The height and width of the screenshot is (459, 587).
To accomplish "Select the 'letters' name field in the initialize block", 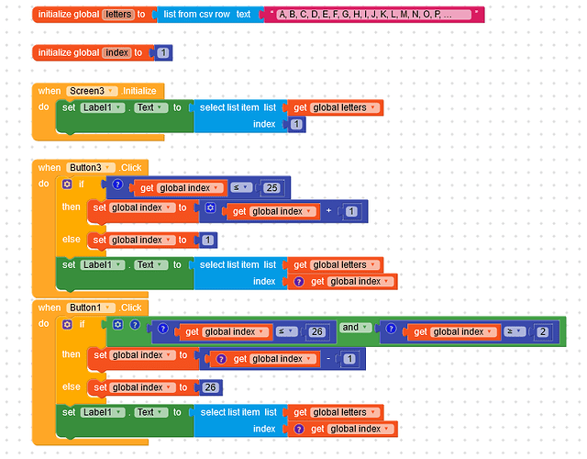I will [x=117, y=15].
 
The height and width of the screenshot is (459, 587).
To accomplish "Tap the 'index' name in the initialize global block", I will [x=116, y=52].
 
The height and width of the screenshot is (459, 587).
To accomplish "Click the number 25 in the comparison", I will [x=271, y=188].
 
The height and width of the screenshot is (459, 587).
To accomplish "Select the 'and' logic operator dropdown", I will [x=356, y=328].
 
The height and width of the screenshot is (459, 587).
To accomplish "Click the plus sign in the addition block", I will [x=327, y=211].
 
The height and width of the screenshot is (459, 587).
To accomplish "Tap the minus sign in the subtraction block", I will [x=327, y=358].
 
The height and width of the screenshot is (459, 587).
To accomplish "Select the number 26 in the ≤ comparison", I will [x=317, y=331].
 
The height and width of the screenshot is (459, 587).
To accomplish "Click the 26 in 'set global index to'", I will [x=210, y=387].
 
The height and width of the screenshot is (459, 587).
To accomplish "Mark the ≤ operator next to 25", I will [x=240, y=188].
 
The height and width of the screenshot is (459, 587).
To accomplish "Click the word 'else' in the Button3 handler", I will [x=72, y=240].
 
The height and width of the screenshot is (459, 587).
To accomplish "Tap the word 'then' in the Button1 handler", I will [x=72, y=354].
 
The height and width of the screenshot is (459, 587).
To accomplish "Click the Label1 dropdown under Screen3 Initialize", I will [x=100, y=107].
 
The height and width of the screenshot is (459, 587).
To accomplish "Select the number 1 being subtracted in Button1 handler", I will [x=349, y=358].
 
